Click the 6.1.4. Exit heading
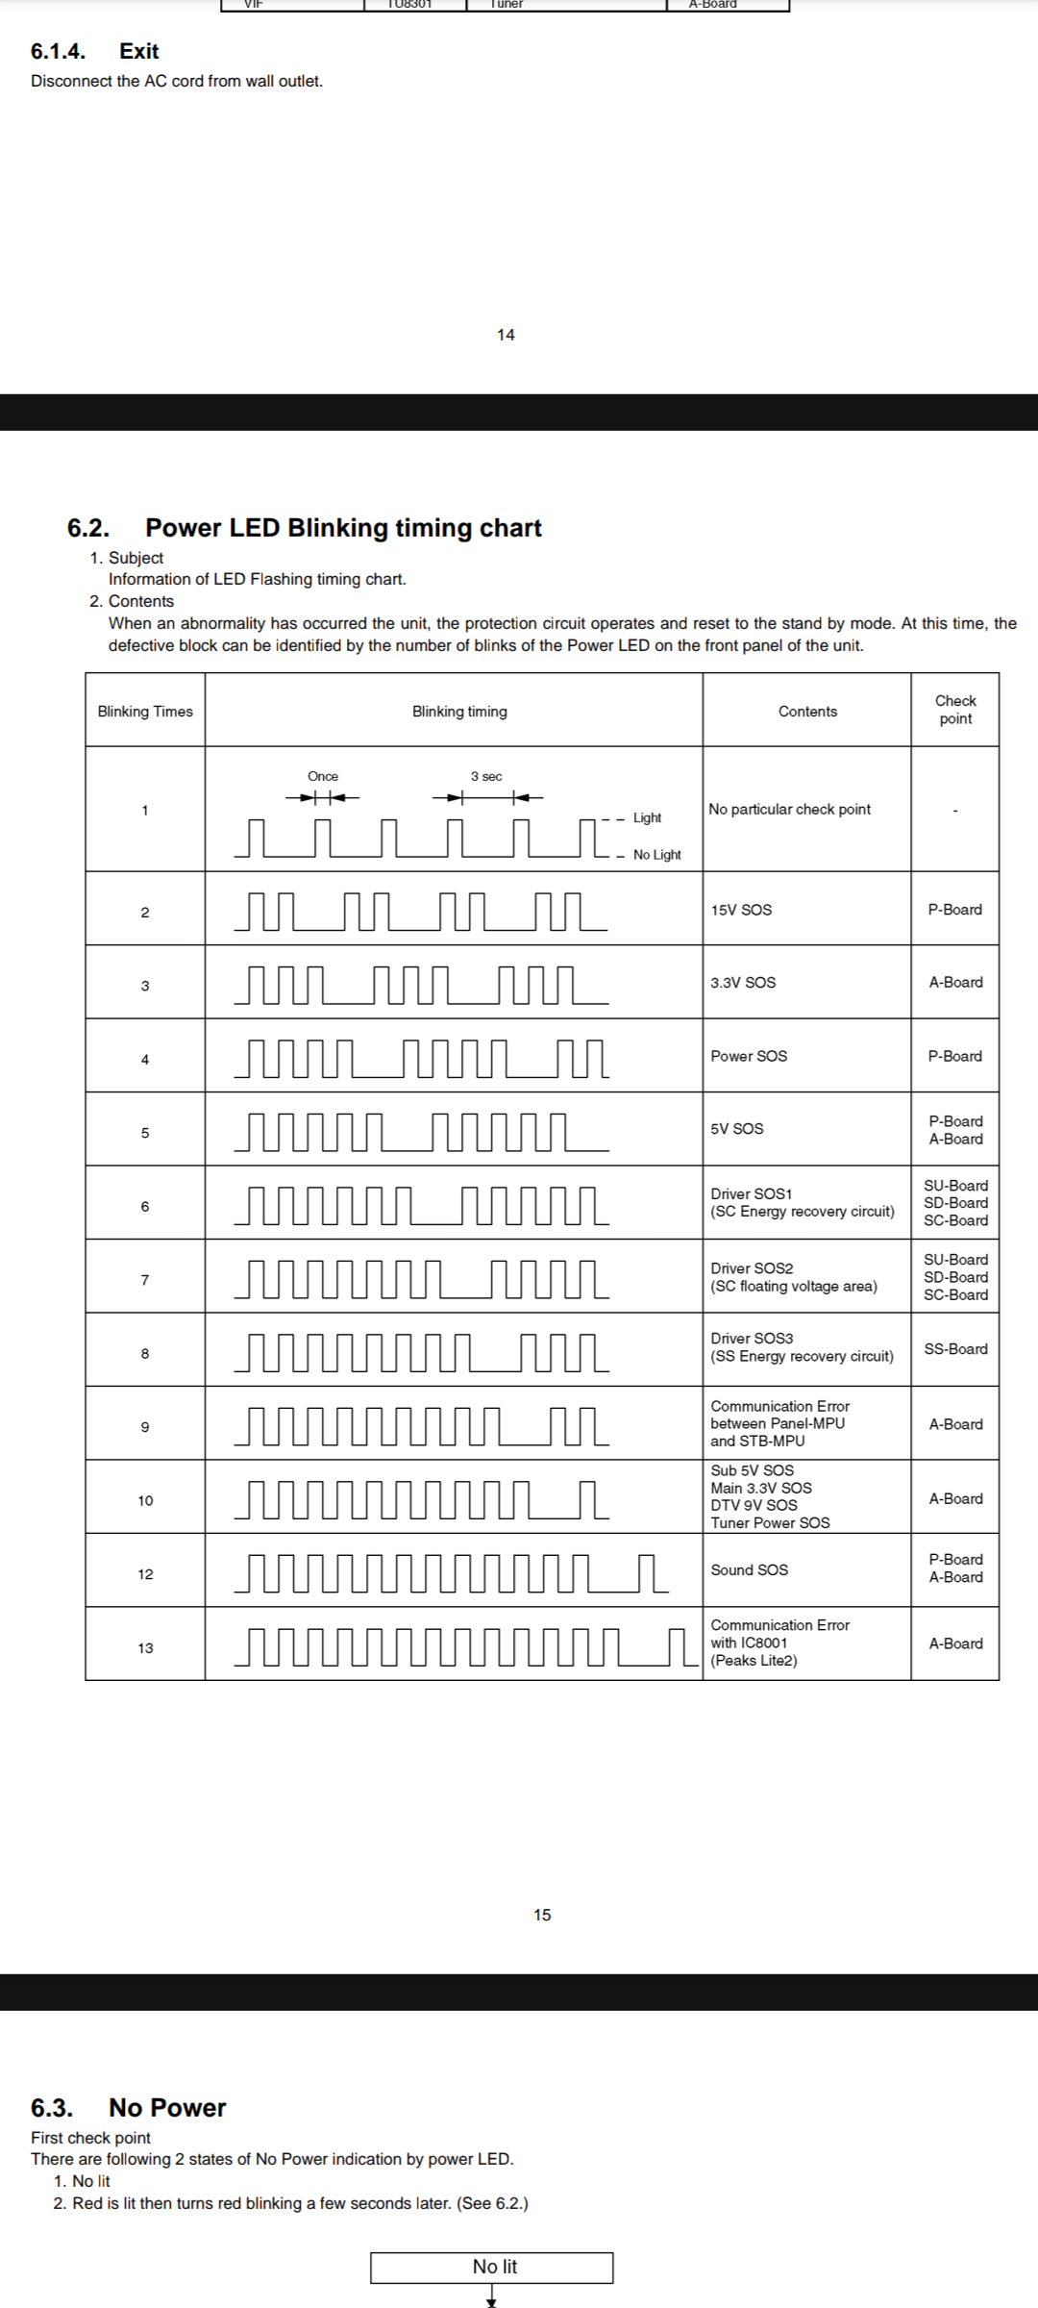coord(94,52)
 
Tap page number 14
coord(506,335)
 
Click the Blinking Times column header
coord(145,712)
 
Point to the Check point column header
coord(955,710)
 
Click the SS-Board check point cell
coord(955,1349)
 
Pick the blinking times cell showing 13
coord(145,1648)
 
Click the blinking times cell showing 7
coord(145,1280)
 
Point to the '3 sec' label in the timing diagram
coord(486,777)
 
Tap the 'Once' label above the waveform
coord(323,777)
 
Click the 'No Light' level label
coord(656,855)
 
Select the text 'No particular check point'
coord(789,810)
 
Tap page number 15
coord(542,1915)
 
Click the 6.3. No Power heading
coord(129,2108)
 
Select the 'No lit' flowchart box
coord(492,2268)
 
